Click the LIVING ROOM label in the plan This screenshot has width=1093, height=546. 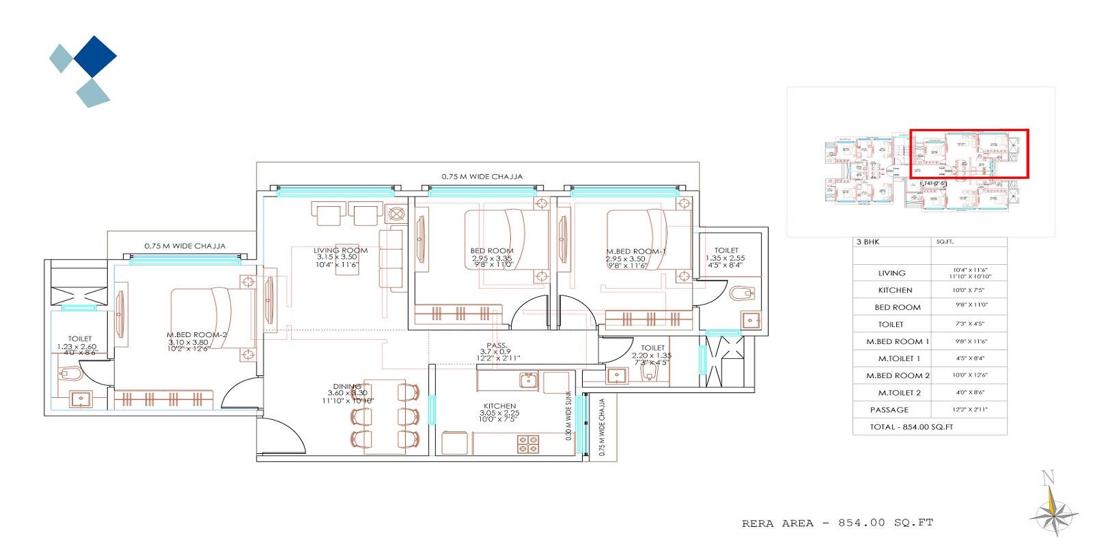[x=340, y=250]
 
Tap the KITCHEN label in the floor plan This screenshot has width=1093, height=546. [x=499, y=406]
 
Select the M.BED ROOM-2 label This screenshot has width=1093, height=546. [x=197, y=335]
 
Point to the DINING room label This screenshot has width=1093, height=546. [x=347, y=387]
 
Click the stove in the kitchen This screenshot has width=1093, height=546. [x=528, y=444]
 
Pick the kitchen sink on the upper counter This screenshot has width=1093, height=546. [x=528, y=380]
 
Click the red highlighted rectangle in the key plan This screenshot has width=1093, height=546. [x=969, y=154]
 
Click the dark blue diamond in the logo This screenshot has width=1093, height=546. [x=95, y=56]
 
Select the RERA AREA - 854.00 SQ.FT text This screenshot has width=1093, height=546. [x=837, y=523]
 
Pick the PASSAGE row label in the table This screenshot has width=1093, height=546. [x=889, y=410]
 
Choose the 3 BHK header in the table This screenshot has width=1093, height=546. [x=868, y=242]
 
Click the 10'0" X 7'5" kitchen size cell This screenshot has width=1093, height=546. [x=969, y=290]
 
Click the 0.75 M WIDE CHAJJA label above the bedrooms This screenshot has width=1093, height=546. [x=482, y=177]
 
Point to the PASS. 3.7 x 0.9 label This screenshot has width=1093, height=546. [x=497, y=346]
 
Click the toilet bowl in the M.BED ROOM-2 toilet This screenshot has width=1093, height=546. [x=70, y=374]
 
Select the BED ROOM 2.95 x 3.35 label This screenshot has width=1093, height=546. [x=492, y=251]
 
